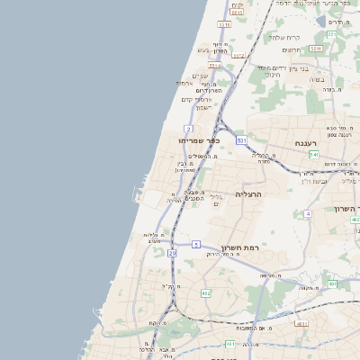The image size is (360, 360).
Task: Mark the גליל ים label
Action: pyautogui.click(x=215, y=201)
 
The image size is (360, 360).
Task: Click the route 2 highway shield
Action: pyautogui.click(x=188, y=130)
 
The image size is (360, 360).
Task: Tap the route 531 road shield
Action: pyautogui.click(x=241, y=141)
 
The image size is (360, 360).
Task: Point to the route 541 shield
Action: pyautogui.click(x=314, y=155)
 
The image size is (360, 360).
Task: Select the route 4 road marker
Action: pyautogui.click(x=308, y=213)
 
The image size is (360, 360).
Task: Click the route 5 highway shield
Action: pyautogui.click(x=196, y=244)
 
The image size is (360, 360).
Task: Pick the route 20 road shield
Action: pyautogui.click(x=172, y=254)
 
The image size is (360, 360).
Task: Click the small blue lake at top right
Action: pyautogui.click(x=321, y=21)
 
